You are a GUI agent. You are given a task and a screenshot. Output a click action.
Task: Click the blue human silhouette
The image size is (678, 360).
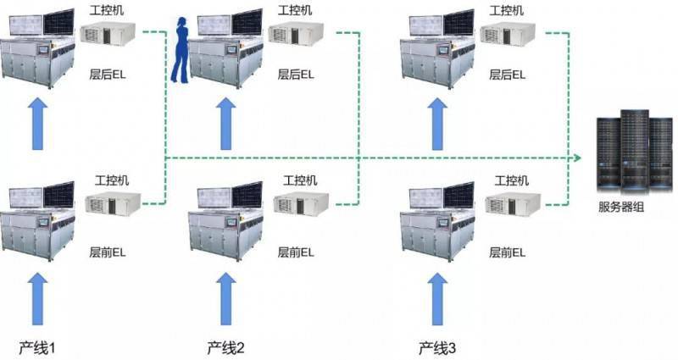[x=180, y=50]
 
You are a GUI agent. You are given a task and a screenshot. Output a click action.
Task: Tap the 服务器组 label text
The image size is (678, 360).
[x=621, y=207]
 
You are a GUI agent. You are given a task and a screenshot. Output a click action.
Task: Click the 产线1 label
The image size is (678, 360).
[x=37, y=347]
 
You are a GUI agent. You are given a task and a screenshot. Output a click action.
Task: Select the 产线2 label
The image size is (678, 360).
[x=225, y=347]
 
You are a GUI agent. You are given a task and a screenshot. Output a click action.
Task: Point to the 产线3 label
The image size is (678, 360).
[x=437, y=347]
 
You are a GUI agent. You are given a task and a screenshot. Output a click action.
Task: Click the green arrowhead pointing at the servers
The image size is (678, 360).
[x=577, y=158]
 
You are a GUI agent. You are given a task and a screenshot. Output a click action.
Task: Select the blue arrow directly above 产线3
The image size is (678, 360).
[x=437, y=299]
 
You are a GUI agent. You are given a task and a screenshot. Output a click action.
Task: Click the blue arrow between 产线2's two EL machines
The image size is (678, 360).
[x=226, y=124]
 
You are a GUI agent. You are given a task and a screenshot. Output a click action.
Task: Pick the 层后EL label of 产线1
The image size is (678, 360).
[x=108, y=75]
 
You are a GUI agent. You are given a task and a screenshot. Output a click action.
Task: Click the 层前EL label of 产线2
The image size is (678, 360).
[x=296, y=252]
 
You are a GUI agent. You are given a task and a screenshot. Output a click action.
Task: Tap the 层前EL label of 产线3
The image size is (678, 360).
[x=507, y=252]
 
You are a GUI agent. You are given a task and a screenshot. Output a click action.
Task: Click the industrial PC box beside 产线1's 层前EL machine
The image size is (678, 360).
[x=113, y=204]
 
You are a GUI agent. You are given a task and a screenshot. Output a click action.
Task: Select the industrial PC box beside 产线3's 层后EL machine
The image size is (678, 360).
[x=508, y=33]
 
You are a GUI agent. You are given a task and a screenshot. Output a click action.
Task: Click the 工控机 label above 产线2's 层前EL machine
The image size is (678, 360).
[x=300, y=180]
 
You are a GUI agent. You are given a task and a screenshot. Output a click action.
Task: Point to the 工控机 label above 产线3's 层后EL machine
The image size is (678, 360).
[x=506, y=10]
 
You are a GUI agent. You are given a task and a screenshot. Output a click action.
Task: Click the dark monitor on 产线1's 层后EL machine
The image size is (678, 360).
[x=58, y=22]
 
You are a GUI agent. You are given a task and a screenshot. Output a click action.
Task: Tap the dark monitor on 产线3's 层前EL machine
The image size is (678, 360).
[x=458, y=196]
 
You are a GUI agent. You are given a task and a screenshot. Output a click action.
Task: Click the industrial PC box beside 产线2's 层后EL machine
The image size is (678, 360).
[x=296, y=33]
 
